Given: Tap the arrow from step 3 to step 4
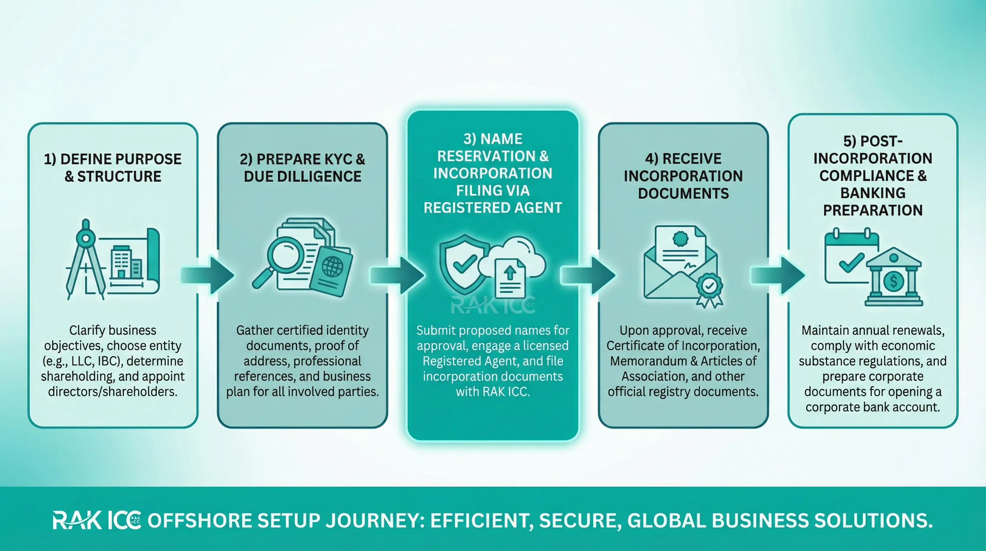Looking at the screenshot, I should click(x=588, y=275).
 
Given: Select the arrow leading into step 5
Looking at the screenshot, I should click(x=778, y=275).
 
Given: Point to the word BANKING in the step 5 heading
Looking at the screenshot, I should click(x=873, y=193).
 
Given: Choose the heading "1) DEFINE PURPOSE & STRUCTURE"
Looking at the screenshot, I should click(x=113, y=168).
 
